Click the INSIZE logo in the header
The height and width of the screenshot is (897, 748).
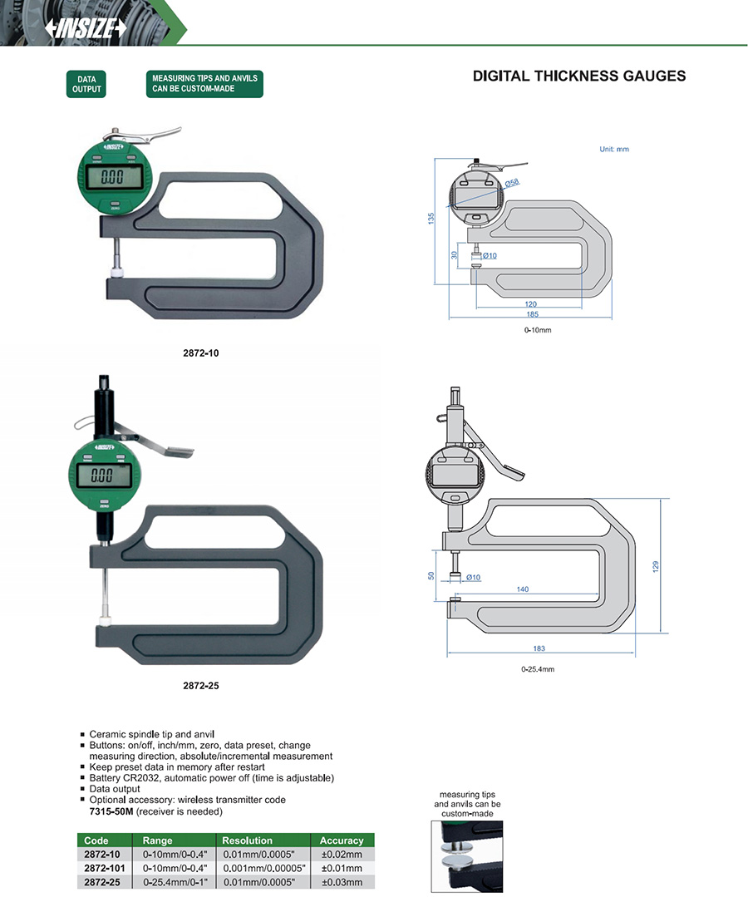click(x=86, y=28)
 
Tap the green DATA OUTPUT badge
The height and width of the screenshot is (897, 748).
click(x=86, y=84)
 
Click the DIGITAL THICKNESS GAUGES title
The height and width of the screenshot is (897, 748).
click(x=578, y=76)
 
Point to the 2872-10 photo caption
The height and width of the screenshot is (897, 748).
click(x=200, y=352)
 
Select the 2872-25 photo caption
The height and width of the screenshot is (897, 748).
click(x=200, y=686)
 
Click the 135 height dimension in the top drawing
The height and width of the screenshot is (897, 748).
click(x=431, y=218)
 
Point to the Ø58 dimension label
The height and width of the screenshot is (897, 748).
click(x=513, y=182)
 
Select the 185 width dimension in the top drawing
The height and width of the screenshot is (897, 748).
click(x=532, y=314)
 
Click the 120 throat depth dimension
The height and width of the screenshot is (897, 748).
click(x=531, y=304)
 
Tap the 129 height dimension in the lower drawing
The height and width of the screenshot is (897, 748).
click(x=655, y=566)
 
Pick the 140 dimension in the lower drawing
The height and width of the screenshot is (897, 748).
click(x=522, y=589)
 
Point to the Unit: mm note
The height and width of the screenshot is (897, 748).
click(x=614, y=150)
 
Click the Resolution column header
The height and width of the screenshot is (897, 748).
click(x=249, y=840)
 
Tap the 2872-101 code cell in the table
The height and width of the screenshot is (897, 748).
click(x=104, y=868)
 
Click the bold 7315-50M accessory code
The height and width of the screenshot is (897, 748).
click(x=111, y=811)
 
